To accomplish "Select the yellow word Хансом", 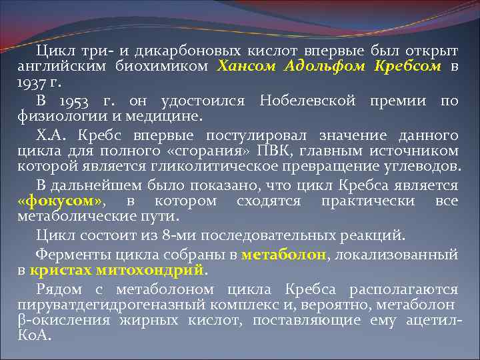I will pyautogui.click(x=247, y=67).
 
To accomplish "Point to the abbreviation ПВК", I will pyautogui.click(x=273, y=152).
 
